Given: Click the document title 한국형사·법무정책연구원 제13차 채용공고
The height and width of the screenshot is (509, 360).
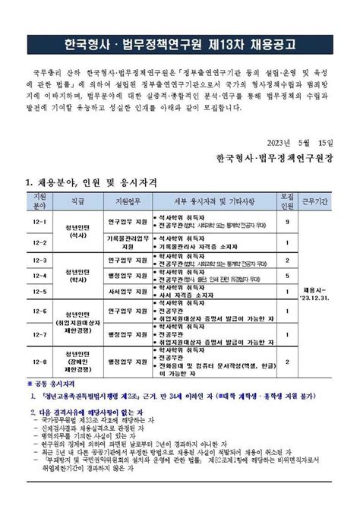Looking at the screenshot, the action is click(180, 43).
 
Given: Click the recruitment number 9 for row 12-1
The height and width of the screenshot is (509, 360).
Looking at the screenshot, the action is click(287, 223).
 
